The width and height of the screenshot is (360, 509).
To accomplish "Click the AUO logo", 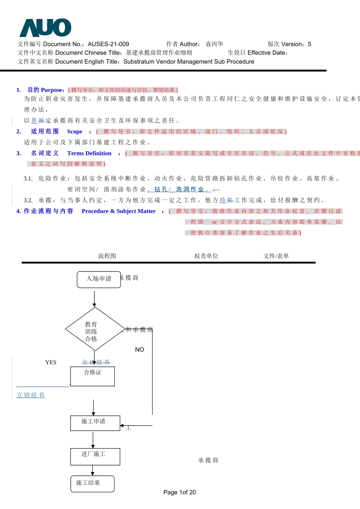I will (45, 28).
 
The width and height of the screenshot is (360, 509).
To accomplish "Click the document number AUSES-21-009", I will (108, 44).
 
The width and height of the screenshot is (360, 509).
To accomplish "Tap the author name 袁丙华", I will (214, 44).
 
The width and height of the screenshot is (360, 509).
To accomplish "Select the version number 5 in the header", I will (309, 44).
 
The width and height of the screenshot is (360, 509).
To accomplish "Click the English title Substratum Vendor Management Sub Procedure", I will (189, 61).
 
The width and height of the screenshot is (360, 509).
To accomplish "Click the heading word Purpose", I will (52, 90).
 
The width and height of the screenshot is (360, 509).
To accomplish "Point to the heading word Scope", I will (75, 131).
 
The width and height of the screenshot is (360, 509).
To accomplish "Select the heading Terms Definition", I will (89, 153).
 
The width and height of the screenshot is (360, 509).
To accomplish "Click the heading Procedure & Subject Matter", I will (119, 211).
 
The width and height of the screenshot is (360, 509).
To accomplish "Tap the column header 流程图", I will (107, 256).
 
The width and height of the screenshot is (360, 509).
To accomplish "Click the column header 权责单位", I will (206, 256).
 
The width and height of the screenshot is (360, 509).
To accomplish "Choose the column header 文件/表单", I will (276, 256).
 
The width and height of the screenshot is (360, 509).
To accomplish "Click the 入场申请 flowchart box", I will (99, 279).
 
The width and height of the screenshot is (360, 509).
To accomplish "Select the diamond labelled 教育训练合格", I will (94, 329).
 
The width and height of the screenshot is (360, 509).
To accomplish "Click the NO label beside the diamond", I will (139, 350).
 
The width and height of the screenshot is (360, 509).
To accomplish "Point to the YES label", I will (51, 362).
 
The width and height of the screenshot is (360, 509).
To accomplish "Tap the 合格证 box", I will (92, 376).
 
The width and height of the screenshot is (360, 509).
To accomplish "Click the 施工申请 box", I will (95, 423).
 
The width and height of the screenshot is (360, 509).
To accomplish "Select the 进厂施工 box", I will (95, 456).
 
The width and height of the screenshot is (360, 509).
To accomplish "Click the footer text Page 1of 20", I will (180, 492).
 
